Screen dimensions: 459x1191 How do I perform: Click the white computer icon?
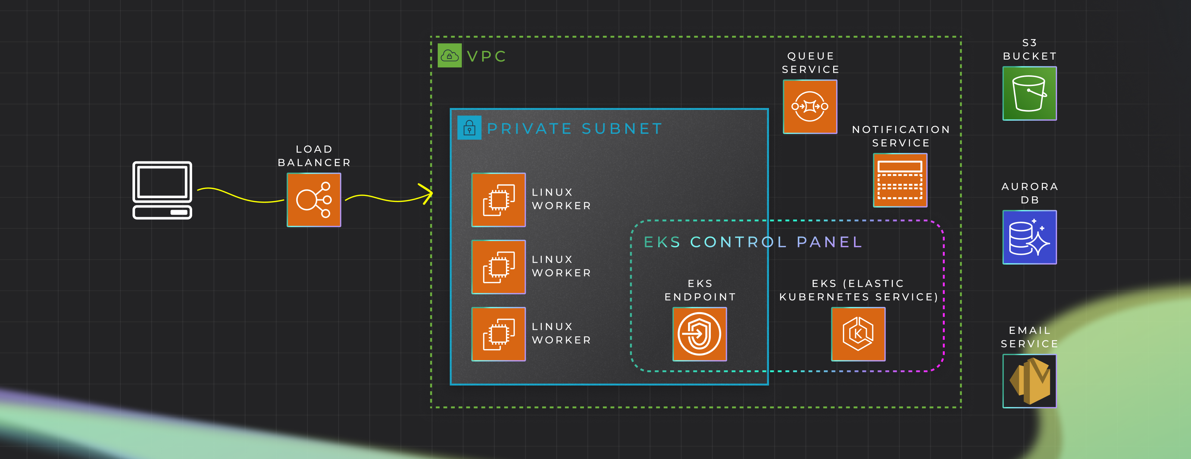point(162,190)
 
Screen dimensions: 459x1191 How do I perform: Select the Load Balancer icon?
point(314,200)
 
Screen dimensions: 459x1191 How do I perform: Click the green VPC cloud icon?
point(449,56)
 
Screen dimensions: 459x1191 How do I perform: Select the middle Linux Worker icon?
point(498,267)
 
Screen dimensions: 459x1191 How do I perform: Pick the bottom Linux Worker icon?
point(498,334)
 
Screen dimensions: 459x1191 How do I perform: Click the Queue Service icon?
point(810,107)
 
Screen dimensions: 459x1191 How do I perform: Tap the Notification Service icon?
point(900,180)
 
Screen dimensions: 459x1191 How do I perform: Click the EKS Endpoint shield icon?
point(700,334)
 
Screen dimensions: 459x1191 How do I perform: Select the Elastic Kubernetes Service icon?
point(858,334)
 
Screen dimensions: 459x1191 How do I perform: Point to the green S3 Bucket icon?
point(1029,93)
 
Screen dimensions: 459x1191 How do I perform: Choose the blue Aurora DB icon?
point(1029,237)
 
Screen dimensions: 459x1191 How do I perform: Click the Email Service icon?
point(1029,381)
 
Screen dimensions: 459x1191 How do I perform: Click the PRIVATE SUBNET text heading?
point(575,129)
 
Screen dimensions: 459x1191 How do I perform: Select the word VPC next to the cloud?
point(487,56)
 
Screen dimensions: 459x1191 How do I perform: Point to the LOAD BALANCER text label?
point(314,156)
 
